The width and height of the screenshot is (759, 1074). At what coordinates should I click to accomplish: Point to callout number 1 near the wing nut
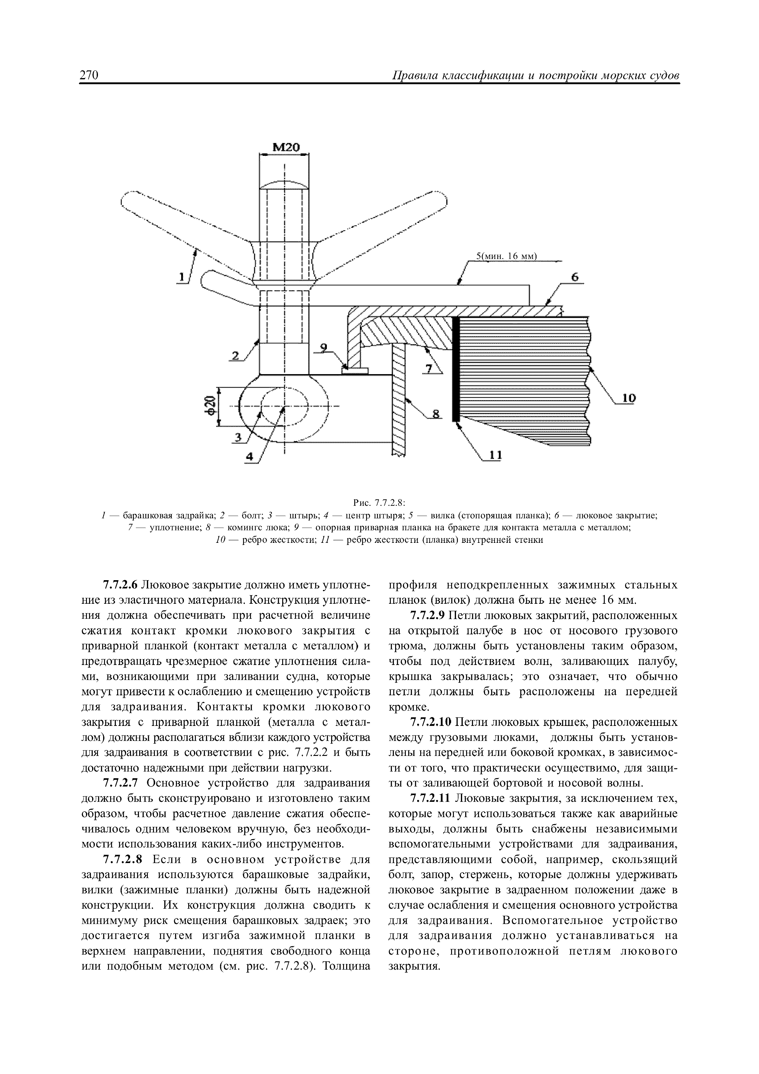pyautogui.click(x=181, y=277)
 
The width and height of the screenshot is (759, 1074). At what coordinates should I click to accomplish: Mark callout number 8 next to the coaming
pyautogui.click(x=436, y=414)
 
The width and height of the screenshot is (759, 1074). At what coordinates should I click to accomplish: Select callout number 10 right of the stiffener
pyautogui.click(x=629, y=398)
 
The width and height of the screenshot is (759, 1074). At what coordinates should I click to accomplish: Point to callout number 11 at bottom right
pyautogui.click(x=495, y=455)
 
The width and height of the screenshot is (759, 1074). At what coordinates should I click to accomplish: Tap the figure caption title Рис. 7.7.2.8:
pyautogui.click(x=379, y=503)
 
